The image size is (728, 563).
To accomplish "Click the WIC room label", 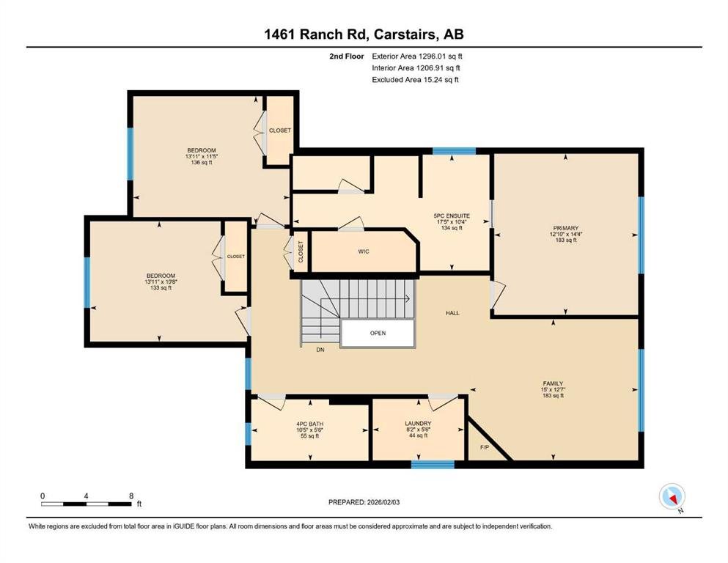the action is [x=364, y=251].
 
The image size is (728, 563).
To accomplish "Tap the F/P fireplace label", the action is [x=485, y=448].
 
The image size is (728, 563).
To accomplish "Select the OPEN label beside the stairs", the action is [x=378, y=334].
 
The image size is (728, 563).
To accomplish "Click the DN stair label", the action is [x=320, y=350].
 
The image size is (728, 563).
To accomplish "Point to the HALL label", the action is [x=452, y=313].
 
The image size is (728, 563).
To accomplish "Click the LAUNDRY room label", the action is [x=418, y=424].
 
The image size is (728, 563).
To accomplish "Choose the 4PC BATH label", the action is [x=309, y=424].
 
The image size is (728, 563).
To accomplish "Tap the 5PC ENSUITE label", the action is [x=452, y=216].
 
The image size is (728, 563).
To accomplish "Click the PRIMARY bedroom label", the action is [x=565, y=229].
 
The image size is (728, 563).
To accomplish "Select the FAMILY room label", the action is [x=553, y=384].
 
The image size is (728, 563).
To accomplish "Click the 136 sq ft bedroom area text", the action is [x=202, y=163].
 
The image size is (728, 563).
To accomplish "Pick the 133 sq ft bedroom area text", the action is [x=161, y=288].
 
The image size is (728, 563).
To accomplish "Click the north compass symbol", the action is [x=672, y=496].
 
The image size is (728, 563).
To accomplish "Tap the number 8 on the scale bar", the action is [x=131, y=496].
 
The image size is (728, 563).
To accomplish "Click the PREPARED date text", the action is [x=364, y=502].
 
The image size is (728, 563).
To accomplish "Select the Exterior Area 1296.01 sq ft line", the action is [x=417, y=56].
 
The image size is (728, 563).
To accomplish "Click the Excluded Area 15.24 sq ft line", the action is [x=415, y=79].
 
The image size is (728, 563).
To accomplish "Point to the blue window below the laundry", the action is [x=433, y=465].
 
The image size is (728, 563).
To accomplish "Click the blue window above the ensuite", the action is [x=454, y=151].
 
